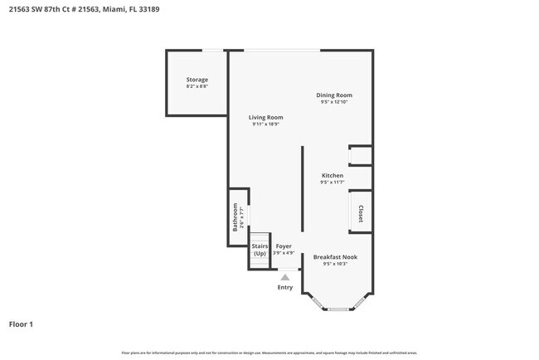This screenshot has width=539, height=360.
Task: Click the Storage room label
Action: click(x=197, y=80)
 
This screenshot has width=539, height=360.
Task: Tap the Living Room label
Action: click(x=266, y=117)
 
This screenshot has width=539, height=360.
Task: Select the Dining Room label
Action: click(x=334, y=95)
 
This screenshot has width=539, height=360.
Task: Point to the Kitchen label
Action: click(x=333, y=175)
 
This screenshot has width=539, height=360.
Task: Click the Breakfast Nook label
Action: click(x=334, y=257)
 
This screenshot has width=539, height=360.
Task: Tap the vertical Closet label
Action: click(x=361, y=213)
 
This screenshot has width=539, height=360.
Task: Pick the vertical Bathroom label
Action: click(x=235, y=216)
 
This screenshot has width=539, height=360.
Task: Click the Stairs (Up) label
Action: click(x=260, y=250)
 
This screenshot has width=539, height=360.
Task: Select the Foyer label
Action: click(x=284, y=246)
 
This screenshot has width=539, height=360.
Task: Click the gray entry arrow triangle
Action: click(x=285, y=277)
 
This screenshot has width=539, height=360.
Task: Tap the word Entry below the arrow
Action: click(x=285, y=287)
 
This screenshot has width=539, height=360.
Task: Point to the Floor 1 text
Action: click(x=21, y=324)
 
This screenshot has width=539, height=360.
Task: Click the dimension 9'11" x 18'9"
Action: click(x=266, y=124)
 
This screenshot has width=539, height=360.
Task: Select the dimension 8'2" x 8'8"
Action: click(x=197, y=86)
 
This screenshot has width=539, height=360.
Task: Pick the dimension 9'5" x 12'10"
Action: click(x=334, y=102)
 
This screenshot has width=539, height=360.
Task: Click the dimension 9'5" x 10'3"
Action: click(x=334, y=265)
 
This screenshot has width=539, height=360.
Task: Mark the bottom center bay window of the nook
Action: click(x=337, y=309)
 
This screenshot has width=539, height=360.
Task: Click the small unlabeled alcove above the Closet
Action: click(x=361, y=155)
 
